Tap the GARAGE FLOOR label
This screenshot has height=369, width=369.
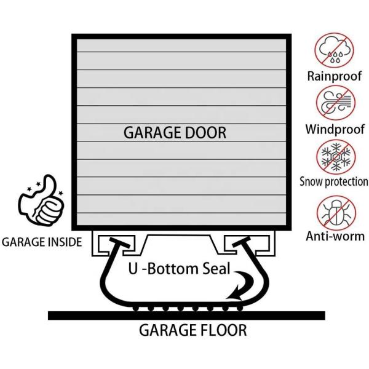coord(192,331)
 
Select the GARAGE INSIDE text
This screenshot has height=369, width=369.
coord(41,242)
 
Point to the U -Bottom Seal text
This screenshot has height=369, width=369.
coord(178,268)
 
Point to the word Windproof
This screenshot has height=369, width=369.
coord(334,130)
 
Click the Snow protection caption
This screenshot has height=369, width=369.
coord(333,182)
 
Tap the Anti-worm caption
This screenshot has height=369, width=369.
coord(335,236)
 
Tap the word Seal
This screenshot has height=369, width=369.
coord(216,268)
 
